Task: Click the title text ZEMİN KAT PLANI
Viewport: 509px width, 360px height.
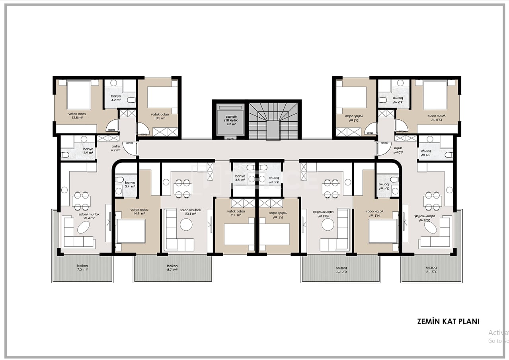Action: tap(448, 321)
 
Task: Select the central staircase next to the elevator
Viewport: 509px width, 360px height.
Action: tap(273, 121)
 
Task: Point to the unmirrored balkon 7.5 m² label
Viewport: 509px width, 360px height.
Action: tap(82, 267)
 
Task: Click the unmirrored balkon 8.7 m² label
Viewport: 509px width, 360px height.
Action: tap(172, 267)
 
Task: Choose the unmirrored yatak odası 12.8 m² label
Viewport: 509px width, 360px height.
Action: tap(77, 116)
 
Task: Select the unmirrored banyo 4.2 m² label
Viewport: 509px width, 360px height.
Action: tap(116, 98)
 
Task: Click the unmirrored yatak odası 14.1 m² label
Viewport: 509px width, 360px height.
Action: tap(139, 211)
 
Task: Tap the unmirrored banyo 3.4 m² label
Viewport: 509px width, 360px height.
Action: tap(130, 184)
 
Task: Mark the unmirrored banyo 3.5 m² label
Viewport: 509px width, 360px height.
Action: tap(240, 178)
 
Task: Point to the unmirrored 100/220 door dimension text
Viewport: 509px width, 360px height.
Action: tap(129, 142)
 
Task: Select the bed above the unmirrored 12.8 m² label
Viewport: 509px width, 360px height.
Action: tap(79, 95)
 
